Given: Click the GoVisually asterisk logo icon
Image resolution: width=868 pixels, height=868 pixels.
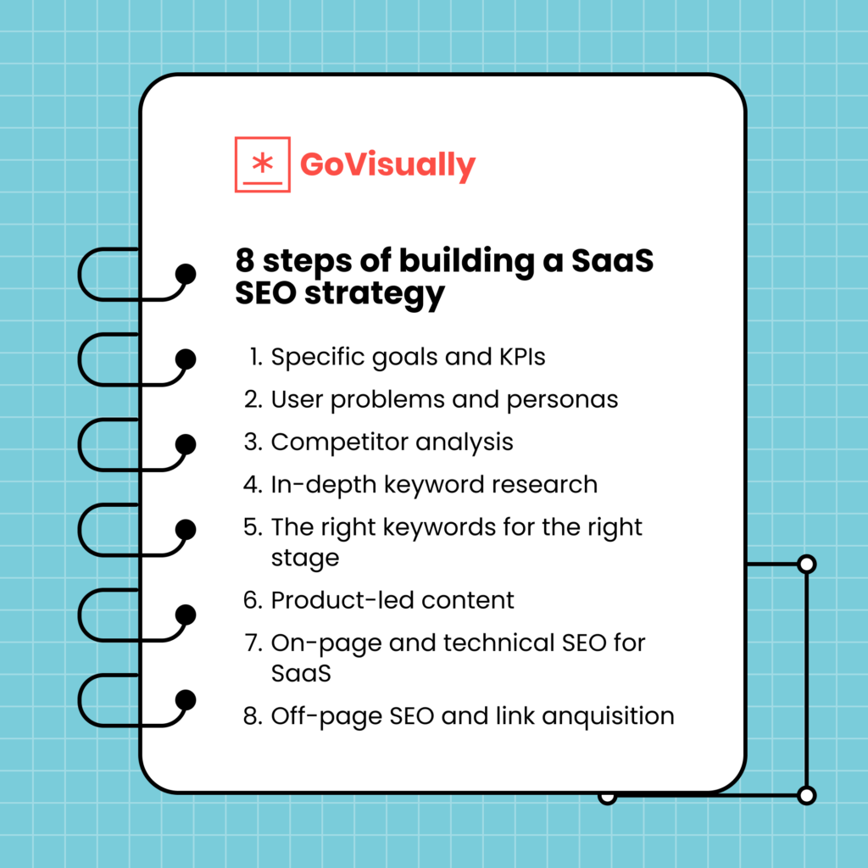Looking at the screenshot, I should (262, 164).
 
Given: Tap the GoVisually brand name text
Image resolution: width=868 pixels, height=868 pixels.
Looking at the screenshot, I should (387, 164).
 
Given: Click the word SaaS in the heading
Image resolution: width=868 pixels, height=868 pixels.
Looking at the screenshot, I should (612, 261).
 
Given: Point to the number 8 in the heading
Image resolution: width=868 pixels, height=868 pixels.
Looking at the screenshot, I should (245, 261).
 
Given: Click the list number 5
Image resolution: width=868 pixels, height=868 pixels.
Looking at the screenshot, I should (252, 526).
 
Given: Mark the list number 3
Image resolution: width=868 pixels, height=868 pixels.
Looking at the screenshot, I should (252, 442).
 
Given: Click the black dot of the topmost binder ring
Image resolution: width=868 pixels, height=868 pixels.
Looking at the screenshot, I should (185, 274).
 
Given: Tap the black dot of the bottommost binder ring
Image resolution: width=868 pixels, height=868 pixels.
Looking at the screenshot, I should (185, 699).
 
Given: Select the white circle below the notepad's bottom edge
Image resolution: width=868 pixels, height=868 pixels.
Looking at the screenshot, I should (607, 797).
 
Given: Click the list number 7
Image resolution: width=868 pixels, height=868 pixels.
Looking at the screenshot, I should (252, 643).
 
